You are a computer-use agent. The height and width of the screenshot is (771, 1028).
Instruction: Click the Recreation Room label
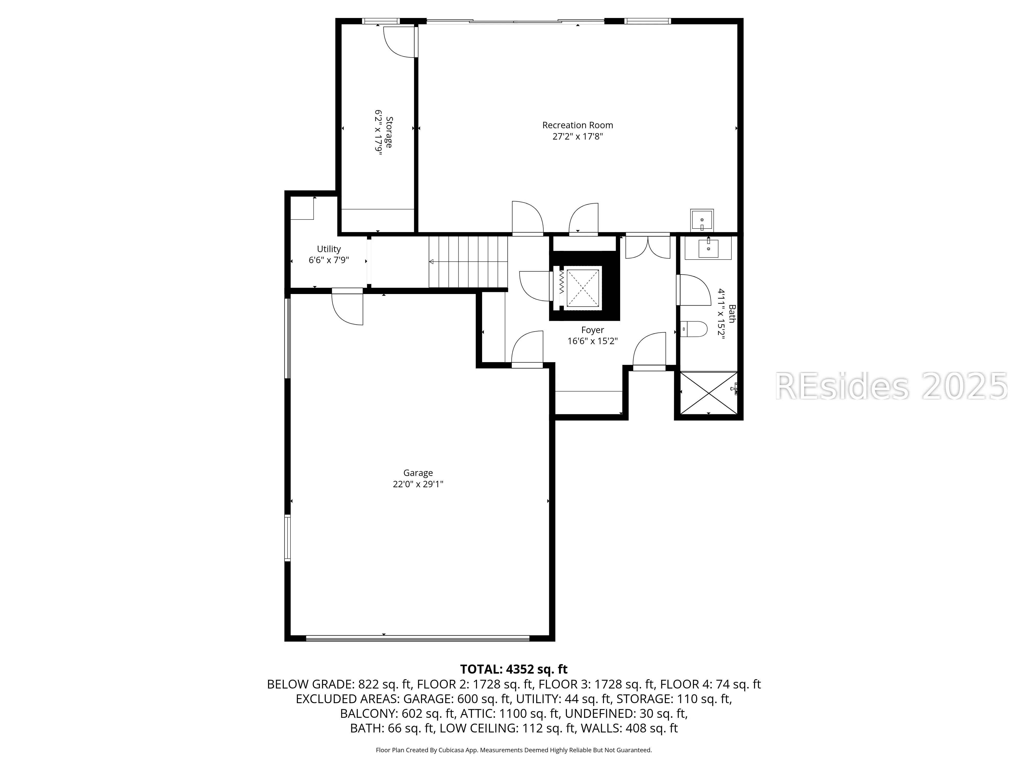click(x=578, y=125)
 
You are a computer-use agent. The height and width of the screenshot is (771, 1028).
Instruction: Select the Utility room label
click(x=328, y=249)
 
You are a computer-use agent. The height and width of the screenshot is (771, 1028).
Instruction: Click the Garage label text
click(x=418, y=473)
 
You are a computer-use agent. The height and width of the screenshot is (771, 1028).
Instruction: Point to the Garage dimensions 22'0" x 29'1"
click(x=418, y=484)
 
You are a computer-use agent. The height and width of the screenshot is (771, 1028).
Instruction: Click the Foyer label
click(x=593, y=330)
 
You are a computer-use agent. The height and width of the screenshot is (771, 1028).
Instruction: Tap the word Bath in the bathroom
click(x=732, y=314)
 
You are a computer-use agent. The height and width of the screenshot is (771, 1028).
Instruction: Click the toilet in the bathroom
click(x=693, y=329)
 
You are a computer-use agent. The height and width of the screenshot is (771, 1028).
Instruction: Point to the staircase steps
click(x=468, y=262)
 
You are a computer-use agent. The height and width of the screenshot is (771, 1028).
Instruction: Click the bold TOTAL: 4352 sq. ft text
click(x=513, y=669)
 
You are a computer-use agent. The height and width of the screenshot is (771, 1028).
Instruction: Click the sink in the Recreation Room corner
click(x=702, y=220)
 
